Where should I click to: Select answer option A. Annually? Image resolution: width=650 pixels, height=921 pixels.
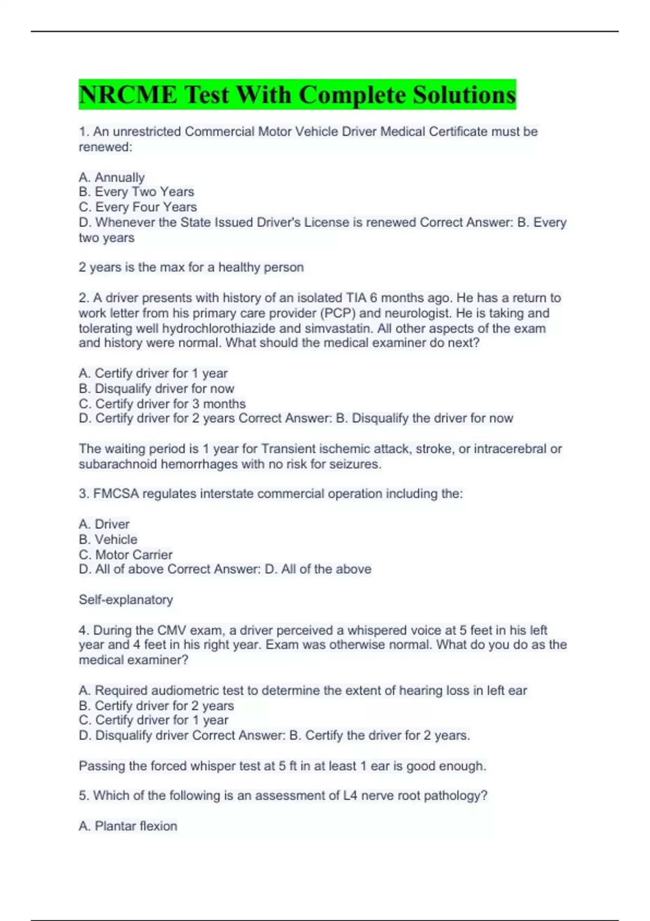[112, 177]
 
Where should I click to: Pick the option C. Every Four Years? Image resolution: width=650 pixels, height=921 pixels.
[138, 207]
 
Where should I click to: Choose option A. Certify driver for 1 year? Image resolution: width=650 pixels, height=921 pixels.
[153, 373]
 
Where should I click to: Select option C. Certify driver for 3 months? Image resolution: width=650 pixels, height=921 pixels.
[162, 404]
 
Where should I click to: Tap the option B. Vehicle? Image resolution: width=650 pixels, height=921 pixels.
[108, 540]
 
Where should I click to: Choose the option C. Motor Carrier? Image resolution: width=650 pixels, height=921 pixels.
[126, 555]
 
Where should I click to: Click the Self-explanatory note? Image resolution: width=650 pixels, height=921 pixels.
[126, 600]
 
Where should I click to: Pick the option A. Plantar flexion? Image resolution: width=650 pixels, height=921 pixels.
[128, 826]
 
